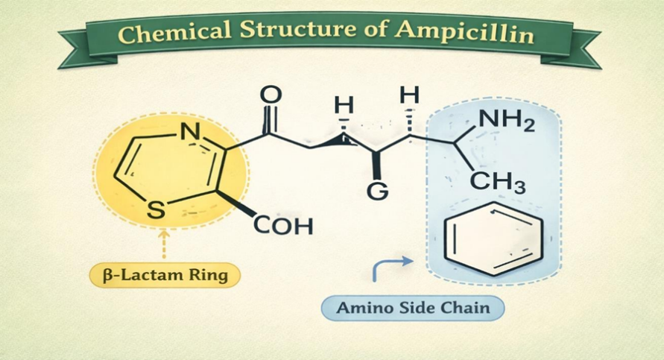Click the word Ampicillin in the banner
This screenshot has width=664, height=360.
coord(474,35)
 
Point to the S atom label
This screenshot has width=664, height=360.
coord(155,210)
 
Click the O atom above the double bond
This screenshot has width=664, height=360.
coord(272,95)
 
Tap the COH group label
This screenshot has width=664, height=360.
coord(284,225)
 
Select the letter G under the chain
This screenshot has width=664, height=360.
coord(378,192)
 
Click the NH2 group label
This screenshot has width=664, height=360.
coord(506,120)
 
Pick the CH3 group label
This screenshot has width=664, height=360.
coord(499,182)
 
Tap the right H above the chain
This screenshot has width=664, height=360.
coord(409,95)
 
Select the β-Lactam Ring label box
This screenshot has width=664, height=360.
coord(165,275)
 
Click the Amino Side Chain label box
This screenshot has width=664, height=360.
coord(413,307)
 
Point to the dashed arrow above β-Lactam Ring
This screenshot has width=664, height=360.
coord(164,244)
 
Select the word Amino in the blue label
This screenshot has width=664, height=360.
coord(362,307)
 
